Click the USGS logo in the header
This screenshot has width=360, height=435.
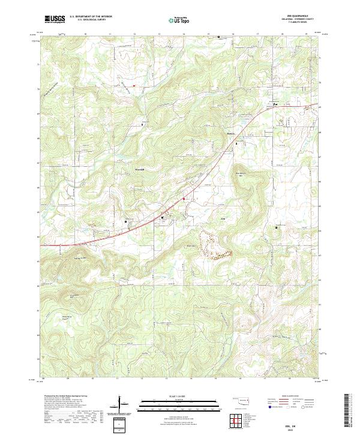55,20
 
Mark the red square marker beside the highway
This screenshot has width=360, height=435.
184,199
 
